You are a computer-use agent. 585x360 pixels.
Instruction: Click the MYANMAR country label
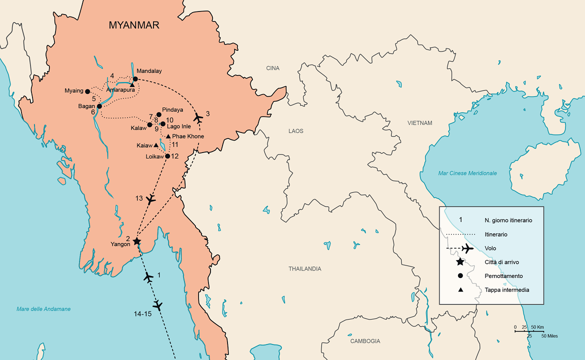coord(134,25)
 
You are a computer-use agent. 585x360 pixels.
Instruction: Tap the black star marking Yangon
coord(136,241)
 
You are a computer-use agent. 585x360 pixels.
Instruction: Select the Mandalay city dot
coord(135,79)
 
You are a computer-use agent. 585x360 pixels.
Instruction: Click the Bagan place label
coord(86,106)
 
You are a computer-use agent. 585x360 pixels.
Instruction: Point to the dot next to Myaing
coord(88,91)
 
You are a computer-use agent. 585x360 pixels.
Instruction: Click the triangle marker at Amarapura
coord(132,84)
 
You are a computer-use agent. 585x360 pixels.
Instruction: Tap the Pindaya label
coord(172,109)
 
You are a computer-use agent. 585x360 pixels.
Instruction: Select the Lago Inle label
coord(178,127)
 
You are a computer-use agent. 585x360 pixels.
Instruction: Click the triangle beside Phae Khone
coord(168,136)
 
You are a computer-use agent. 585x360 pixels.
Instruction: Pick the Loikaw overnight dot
coord(167,156)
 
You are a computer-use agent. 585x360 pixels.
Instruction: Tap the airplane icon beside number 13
coord(151,199)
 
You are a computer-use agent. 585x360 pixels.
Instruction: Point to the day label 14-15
coord(144,314)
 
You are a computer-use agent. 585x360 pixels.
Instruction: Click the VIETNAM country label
coord(419,123)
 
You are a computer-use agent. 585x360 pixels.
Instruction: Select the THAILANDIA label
coord(304,269)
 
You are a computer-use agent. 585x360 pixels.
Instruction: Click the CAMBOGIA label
coord(364,341)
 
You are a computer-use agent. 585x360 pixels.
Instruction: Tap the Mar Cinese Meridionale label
coord(467,173)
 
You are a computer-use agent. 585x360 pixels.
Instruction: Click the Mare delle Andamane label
coord(43,309)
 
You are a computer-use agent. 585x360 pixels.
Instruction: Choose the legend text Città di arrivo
coord(504,262)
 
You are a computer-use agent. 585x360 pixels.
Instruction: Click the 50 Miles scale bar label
coord(549,336)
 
